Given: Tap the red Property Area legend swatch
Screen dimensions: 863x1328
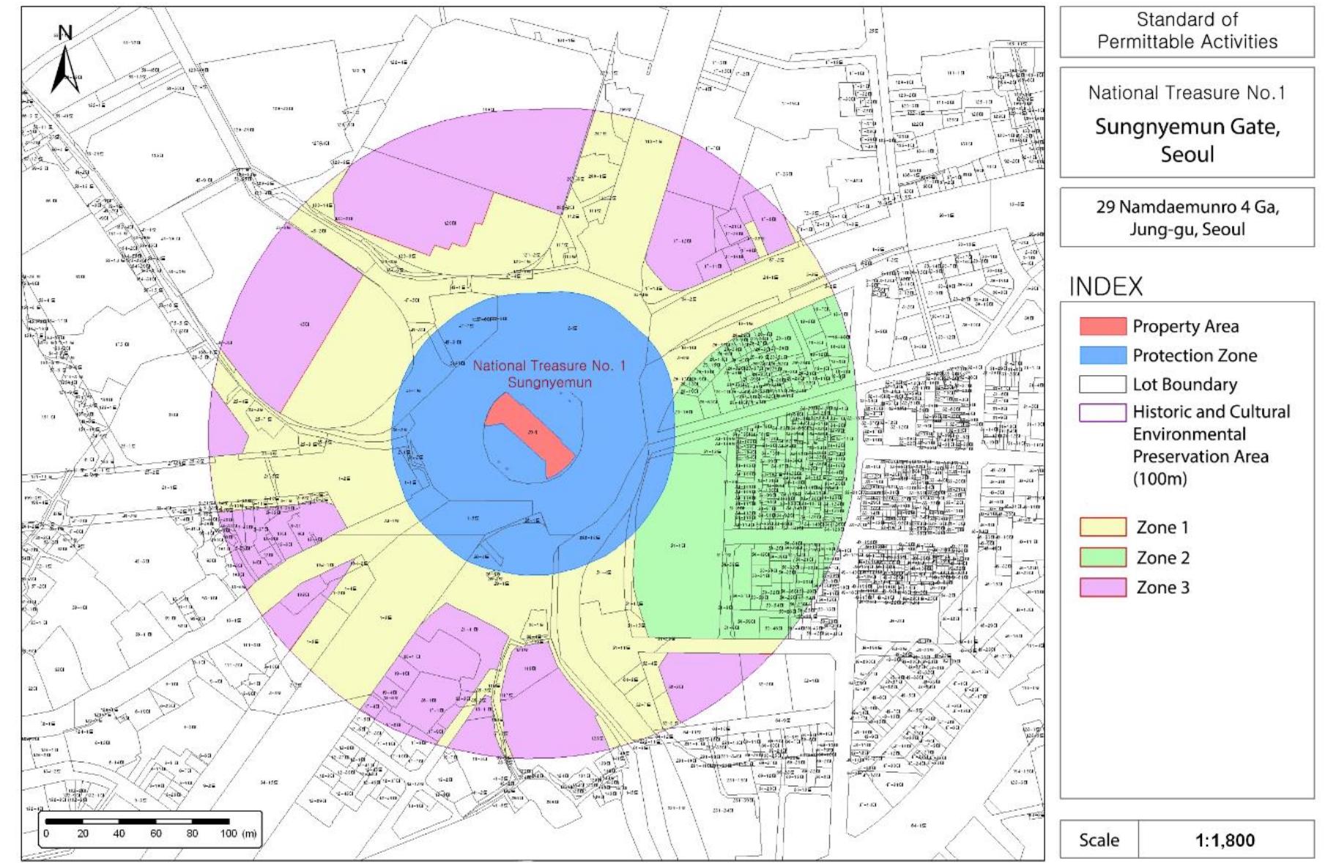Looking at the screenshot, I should (1102, 326).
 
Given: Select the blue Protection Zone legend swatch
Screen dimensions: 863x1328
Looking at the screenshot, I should (1102, 355).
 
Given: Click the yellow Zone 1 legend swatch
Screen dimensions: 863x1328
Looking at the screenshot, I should (1102, 527).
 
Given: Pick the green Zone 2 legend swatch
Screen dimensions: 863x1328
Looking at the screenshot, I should (1102, 558).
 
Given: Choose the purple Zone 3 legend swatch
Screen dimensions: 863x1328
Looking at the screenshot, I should (1102, 588).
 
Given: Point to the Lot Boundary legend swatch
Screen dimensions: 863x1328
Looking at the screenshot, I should (1102, 385).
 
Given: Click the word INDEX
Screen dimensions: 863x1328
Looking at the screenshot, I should (1106, 287).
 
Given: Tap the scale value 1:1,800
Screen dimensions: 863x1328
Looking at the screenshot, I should (1225, 840).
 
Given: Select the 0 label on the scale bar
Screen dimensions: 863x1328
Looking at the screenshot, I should (46, 834).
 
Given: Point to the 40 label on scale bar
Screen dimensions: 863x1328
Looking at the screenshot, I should (119, 834).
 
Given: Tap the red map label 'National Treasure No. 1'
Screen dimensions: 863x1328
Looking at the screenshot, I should (549, 366).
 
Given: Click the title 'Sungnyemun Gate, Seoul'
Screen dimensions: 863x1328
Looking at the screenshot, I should (1187, 140).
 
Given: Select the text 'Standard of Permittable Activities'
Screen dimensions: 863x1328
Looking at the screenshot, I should (1187, 31).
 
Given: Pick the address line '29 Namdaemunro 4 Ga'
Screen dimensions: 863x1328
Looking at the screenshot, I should (1187, 207).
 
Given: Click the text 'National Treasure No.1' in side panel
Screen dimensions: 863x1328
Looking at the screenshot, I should (1187, 93).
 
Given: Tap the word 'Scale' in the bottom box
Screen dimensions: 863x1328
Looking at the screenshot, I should (1099, 840).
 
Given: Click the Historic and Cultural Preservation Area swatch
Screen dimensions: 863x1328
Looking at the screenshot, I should (1102, 412).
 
